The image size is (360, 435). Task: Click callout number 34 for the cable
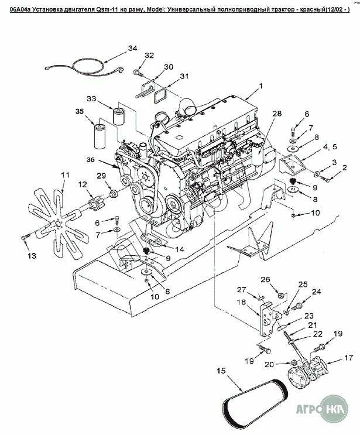pos(132,48)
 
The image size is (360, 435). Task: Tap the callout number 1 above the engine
pos(260,85)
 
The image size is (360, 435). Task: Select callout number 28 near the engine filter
pos(276,114)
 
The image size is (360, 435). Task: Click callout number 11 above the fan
pos(65,175)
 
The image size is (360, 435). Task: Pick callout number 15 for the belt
pos(221,371)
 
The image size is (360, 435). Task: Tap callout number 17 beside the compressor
pos(348,358)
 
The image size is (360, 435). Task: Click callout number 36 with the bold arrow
pos(90,160)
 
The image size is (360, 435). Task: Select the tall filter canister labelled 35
pos(100,136)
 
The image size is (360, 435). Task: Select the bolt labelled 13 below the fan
pos(25,237)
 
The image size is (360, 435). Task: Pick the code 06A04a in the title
pos(20,10)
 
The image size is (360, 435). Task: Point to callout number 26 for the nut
pos(265,279)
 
